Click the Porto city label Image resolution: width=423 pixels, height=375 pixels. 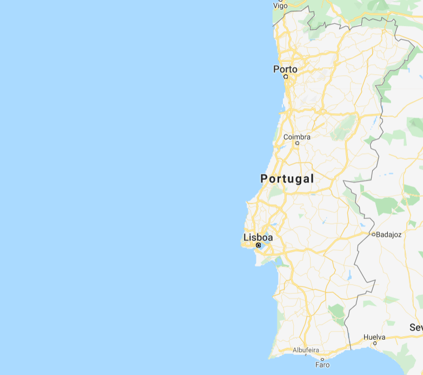coord(285,69)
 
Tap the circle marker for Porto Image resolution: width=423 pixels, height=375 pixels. coord(286,76)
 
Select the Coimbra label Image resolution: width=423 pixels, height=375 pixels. coord(297,137)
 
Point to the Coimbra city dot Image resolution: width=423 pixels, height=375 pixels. coord(297,143)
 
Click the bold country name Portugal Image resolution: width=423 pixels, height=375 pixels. coord(287,178)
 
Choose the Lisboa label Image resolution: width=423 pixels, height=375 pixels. coord(258,237)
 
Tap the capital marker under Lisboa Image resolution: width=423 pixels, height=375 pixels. coord(259,245)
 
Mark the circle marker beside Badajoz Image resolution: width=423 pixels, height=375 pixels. coord(373,234)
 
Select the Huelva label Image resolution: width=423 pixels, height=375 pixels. coord(374,337)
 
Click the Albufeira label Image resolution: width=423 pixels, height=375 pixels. coord(306,350)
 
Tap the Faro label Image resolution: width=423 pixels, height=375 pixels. coord(322,365)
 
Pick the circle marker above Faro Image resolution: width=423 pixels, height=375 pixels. coord(322,359)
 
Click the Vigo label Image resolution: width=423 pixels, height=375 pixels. coord(281,5)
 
